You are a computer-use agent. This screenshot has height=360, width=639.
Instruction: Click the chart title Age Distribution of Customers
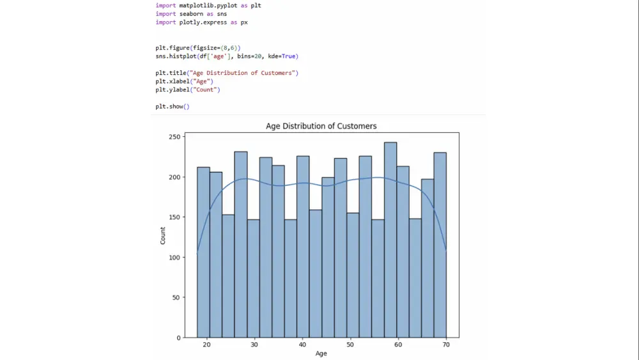321,126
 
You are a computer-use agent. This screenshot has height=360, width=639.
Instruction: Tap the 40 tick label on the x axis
302,345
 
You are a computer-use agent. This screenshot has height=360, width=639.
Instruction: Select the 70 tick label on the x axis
446,345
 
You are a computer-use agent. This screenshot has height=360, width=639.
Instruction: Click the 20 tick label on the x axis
206,345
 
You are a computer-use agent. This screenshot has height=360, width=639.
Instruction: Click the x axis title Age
321,353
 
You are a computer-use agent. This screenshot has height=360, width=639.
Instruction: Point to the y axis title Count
163,236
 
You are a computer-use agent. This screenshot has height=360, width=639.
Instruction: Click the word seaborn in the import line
190,13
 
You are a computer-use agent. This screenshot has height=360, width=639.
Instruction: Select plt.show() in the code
173,106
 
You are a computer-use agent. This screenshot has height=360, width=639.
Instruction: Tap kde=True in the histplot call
282,56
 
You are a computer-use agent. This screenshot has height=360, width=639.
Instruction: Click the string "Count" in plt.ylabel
206,90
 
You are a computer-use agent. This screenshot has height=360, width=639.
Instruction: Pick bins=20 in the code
251,56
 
